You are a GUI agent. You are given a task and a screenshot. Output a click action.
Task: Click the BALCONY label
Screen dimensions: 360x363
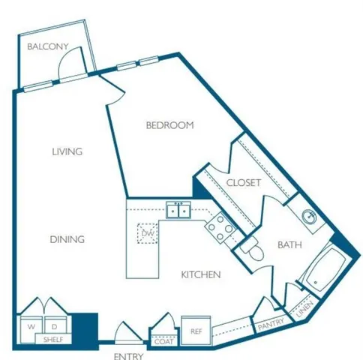47,47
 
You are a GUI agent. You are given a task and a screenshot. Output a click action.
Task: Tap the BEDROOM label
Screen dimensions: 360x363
169,125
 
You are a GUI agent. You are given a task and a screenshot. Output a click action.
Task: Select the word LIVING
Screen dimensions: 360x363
67,151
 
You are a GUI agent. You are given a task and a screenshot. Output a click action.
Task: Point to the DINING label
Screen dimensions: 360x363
67,239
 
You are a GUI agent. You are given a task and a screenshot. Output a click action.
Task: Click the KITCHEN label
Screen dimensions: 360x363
201,275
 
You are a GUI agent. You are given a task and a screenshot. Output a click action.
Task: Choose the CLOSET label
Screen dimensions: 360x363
243,182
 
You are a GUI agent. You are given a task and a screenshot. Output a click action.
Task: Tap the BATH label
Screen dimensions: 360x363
290,244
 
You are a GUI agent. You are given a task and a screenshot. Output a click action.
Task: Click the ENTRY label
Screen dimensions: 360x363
128,356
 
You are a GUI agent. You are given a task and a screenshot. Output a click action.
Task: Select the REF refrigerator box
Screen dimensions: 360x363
196,331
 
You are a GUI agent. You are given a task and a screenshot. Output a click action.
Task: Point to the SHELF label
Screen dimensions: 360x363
52,340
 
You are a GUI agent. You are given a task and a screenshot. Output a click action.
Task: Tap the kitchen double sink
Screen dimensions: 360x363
179,211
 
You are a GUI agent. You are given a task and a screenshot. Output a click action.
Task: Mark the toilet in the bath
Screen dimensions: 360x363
253,253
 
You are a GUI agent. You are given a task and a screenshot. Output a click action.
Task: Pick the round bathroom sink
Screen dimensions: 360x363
308,217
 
